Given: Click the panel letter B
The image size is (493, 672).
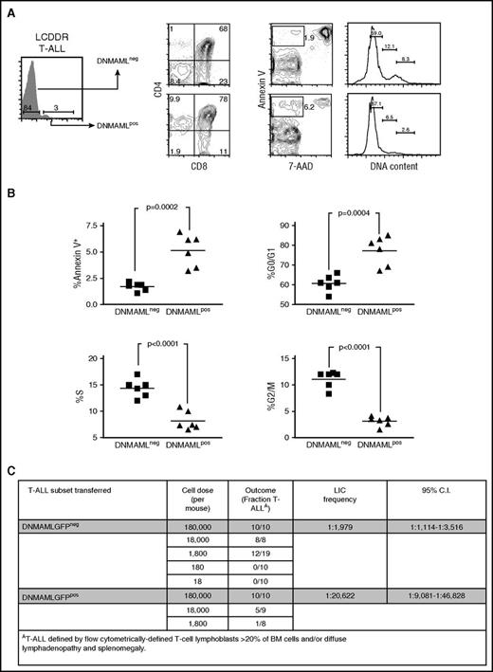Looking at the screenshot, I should point(9,190).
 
